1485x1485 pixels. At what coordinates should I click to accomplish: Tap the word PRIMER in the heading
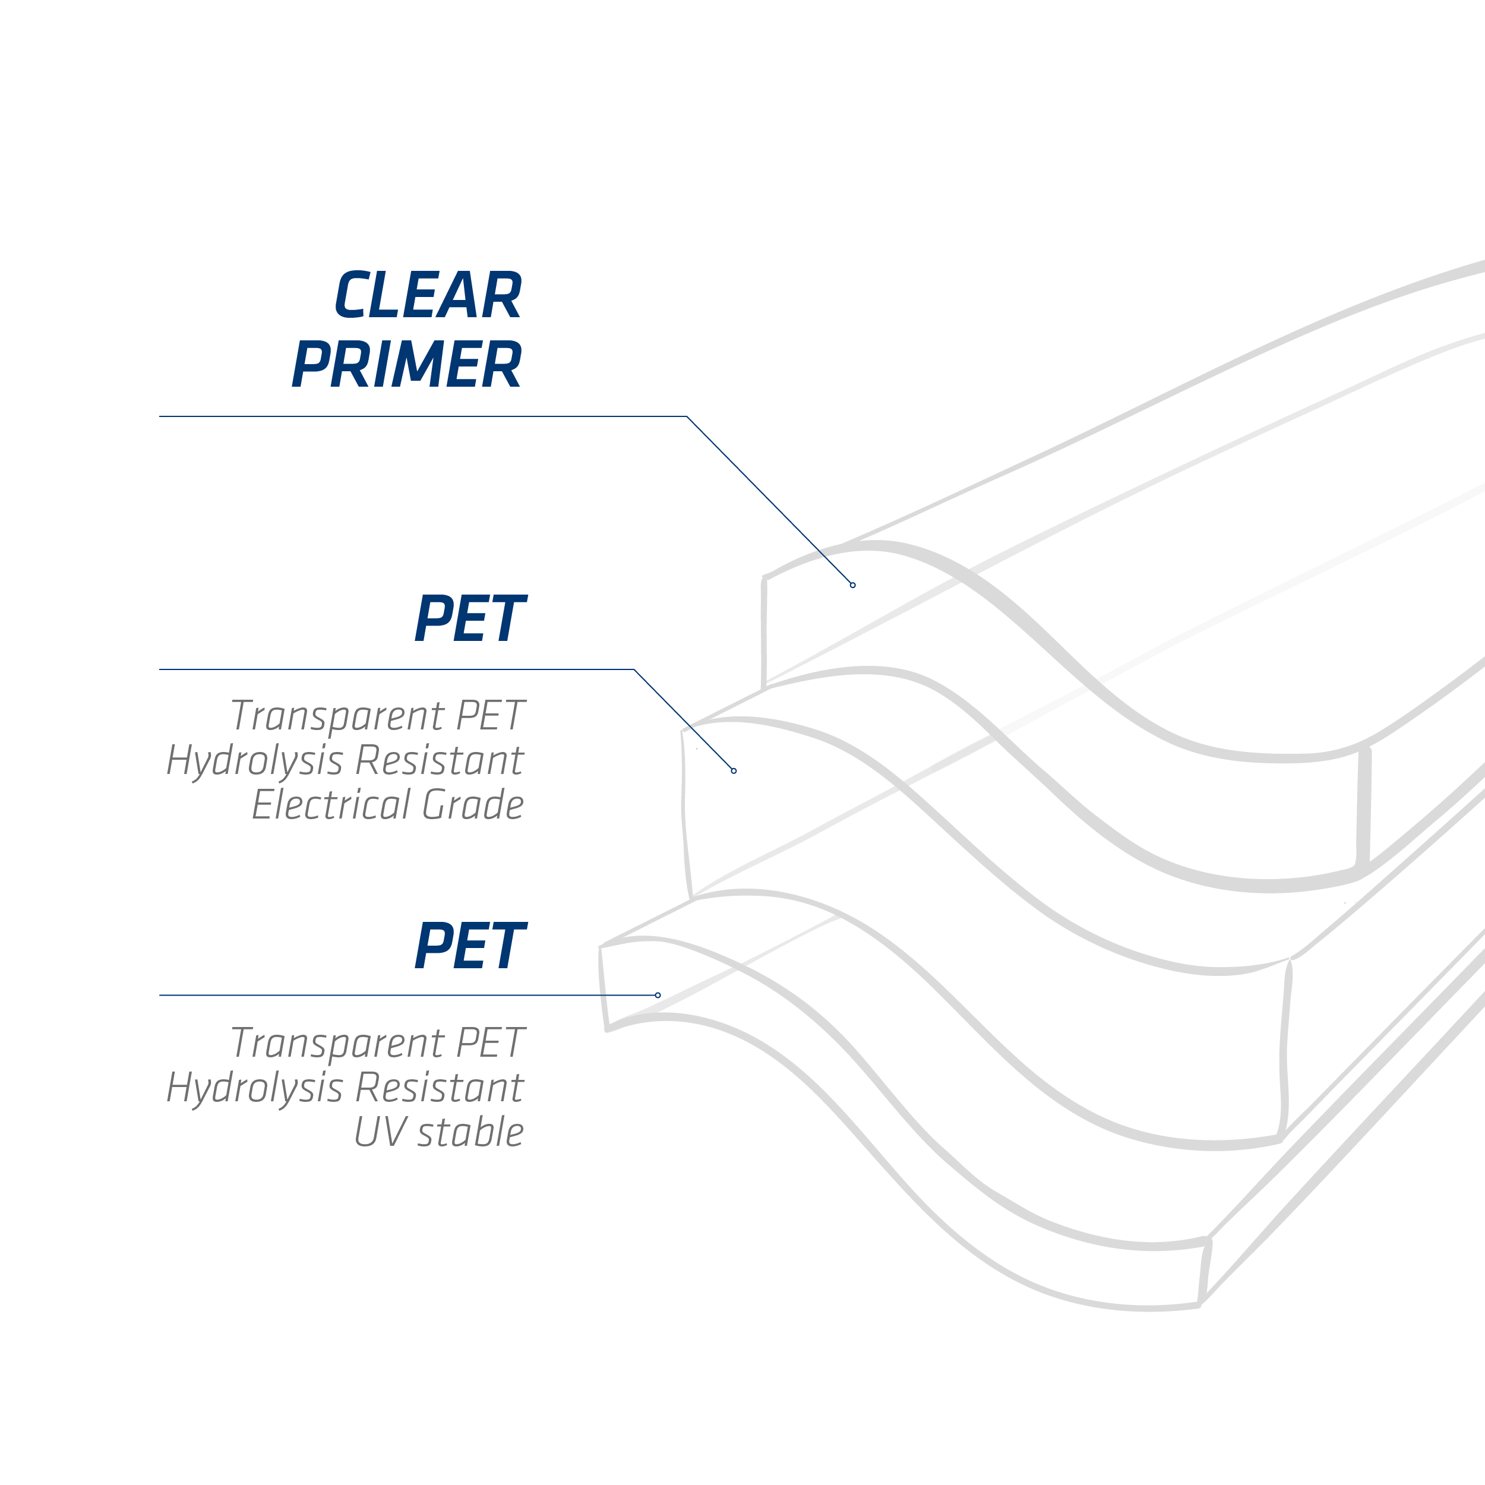[x=407, y=364]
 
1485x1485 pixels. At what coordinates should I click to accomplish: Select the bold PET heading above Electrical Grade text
[x=470, y=619]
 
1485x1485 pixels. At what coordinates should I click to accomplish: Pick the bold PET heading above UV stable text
[x=470, y=946]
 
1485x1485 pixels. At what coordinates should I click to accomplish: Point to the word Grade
[x=473, y=805]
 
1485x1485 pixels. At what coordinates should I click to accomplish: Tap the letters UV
[x=380, y=1132]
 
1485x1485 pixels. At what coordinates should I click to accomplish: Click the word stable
[x=470, y=1132]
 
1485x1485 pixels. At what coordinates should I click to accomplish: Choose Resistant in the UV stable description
[x=440, y=1088]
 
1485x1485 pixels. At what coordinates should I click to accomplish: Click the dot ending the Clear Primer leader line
[x=852, y=585]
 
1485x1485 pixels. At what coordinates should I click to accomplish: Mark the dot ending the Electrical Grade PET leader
[x=734, y=771]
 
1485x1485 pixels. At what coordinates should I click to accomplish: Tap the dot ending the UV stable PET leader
[x=658, y=996]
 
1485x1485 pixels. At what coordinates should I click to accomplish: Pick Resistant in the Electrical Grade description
[x=440, y=760]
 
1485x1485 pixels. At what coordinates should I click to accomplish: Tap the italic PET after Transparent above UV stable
[x=491, y=1043]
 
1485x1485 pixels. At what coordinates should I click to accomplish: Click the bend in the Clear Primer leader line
[x=687, y=416]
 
